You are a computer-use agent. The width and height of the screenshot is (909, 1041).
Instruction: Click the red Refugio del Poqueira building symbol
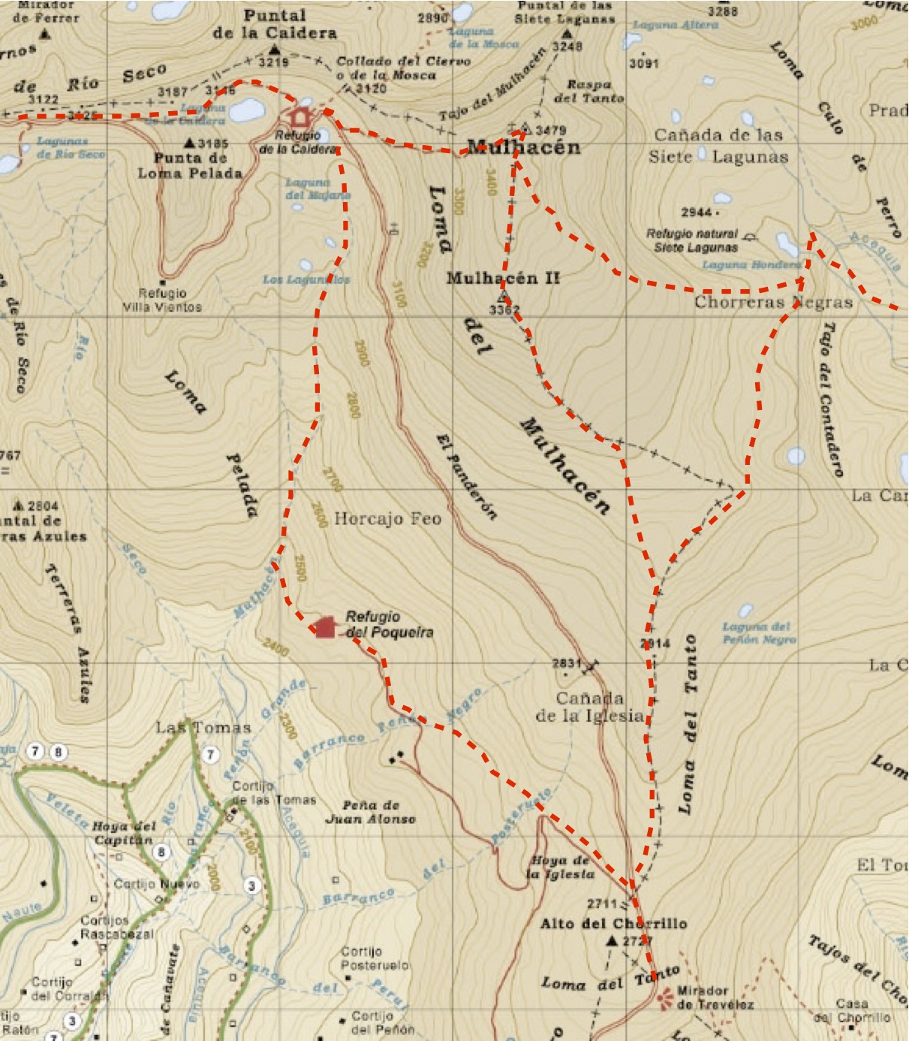coord(324,626)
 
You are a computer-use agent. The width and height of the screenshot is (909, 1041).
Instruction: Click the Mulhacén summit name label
coord(523,147)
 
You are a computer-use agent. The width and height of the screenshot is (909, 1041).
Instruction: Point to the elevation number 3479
coord(551,130)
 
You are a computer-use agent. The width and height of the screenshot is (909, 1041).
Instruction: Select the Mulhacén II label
coord(503,278)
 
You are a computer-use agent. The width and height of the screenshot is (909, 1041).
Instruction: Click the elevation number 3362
coord(504,309)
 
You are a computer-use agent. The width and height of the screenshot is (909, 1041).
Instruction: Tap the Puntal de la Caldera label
coord(275,24)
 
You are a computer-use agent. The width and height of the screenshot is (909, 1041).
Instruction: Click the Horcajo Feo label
coord(387,518)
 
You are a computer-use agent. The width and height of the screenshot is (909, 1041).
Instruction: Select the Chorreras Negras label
coord(773,303)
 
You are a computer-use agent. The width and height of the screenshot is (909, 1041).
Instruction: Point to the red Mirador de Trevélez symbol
coord(664,998)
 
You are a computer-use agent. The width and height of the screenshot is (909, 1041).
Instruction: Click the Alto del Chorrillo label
coord(613,924)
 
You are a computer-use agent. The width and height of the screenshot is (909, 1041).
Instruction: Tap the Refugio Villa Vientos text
coord(162,300)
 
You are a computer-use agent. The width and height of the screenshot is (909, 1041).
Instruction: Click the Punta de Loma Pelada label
coord(190,165)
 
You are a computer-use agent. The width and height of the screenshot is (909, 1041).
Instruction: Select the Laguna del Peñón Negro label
coord(758,632)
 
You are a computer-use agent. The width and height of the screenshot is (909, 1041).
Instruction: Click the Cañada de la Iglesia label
coord(590,707)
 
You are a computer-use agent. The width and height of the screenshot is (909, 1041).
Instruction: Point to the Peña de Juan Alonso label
coord(370,812)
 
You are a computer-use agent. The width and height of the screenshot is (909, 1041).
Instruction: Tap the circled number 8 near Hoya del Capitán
coord(161,852)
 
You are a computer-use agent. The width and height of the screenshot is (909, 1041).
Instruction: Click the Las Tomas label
coord(203,727)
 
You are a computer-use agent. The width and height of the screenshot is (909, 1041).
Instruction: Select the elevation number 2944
coord(696,213)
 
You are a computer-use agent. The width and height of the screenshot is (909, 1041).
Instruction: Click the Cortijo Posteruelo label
coord(375,958)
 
